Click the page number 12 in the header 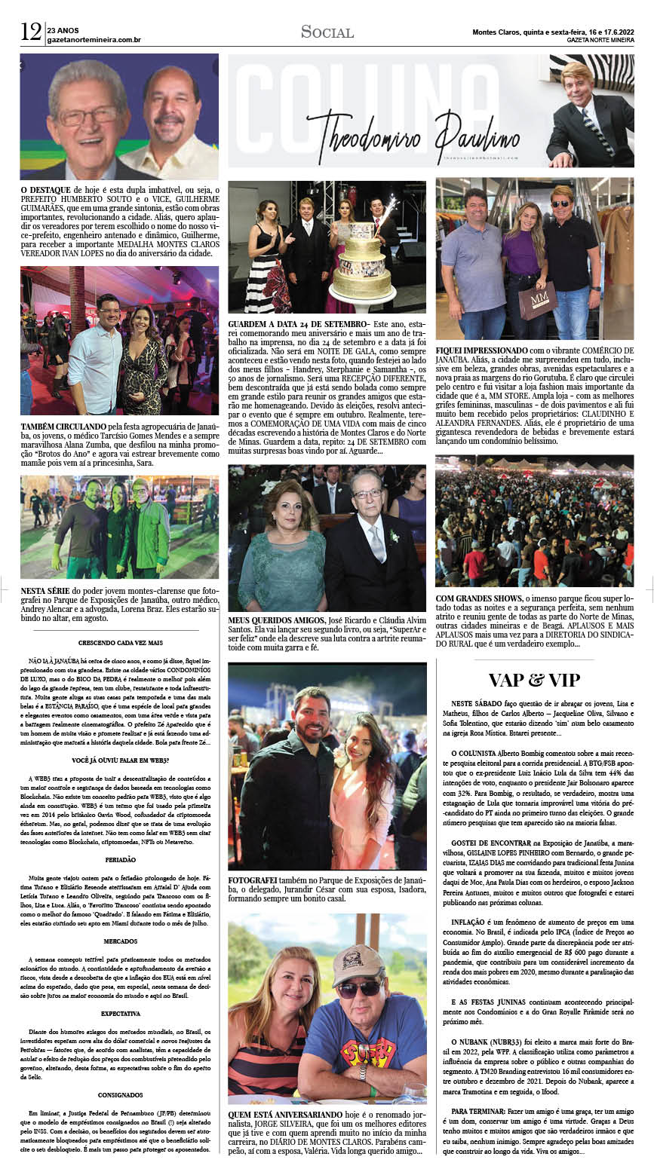coord(30,32)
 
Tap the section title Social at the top coord(327,32)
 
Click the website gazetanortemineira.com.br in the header coord(94,40)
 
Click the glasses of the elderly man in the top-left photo coord(88,116)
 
